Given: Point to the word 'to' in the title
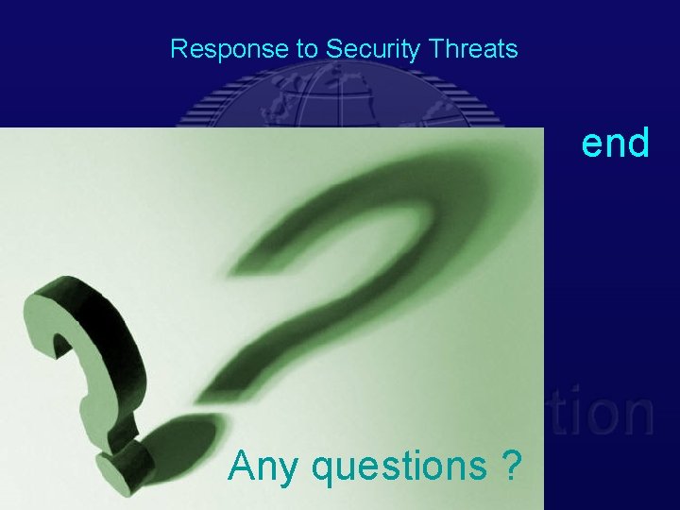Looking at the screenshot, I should pos(308,49).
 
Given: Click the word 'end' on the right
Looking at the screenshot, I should pos(615,144).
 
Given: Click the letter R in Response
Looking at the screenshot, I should pos(177,49).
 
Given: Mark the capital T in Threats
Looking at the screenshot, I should pos(432,49).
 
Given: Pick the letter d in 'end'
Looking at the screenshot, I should pos(637,144).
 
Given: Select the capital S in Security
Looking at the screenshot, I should pos(332,49).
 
